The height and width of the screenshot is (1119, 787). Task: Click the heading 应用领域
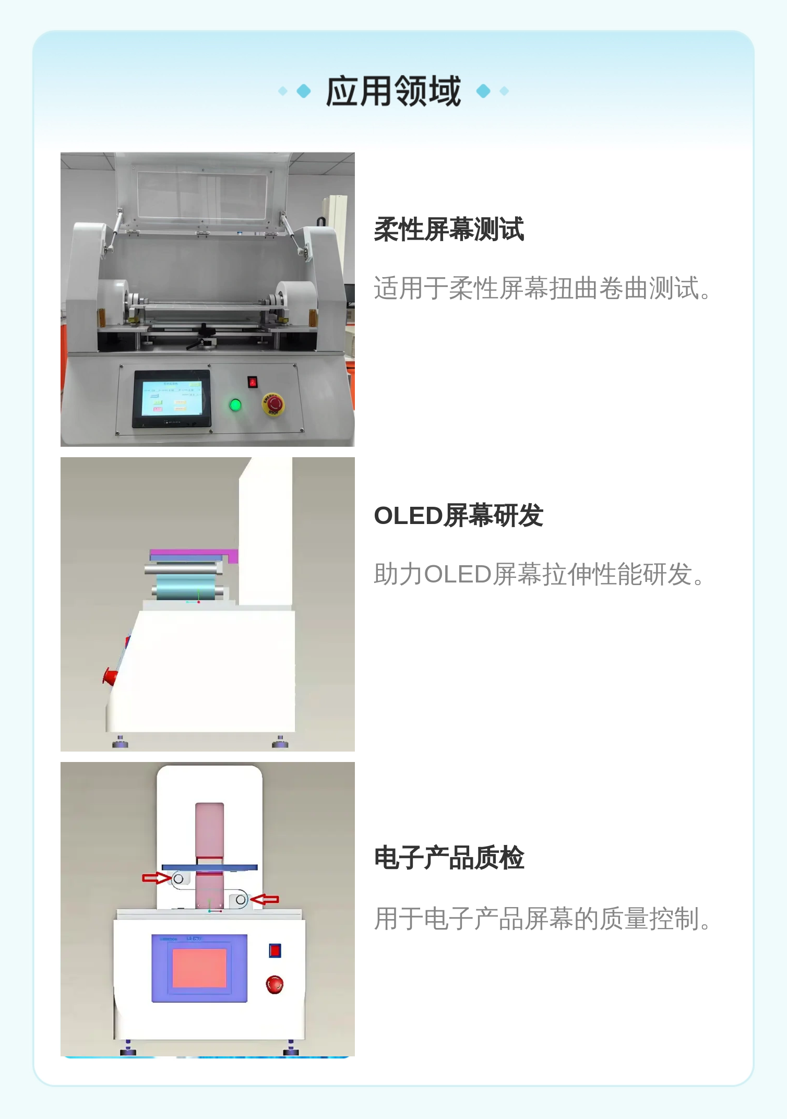[x=393, y=91]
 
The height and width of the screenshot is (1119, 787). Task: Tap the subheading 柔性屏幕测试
[x=449, y=229]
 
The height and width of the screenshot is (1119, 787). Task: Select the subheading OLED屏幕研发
[x=459, y=516]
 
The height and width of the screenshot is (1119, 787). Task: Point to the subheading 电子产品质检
[x=449, y=858]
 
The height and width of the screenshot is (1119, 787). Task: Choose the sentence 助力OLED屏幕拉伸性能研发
[x=539, y=574]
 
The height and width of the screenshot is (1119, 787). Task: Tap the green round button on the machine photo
[x=235, y=404]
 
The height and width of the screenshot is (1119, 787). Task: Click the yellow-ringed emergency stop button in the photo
[x=273, y=404]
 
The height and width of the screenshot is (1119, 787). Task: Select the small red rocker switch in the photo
[x=253, y=382]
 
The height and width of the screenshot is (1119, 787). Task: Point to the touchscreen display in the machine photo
[x=172, y=398]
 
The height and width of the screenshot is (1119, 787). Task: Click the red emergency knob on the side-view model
[x=110, y=676]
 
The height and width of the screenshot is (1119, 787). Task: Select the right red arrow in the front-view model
[x=265, y=899]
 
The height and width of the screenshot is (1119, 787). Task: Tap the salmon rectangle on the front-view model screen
[x=199, y=968]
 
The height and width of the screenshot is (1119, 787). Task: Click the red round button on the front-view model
[x=275, y=984]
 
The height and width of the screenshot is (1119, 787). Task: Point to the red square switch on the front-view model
[x=275, y=950]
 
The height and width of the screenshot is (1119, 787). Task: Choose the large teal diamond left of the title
[x=304, y=91]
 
